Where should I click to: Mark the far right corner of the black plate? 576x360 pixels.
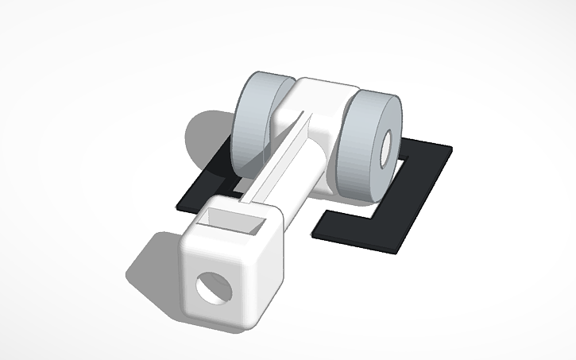[450, 149]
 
